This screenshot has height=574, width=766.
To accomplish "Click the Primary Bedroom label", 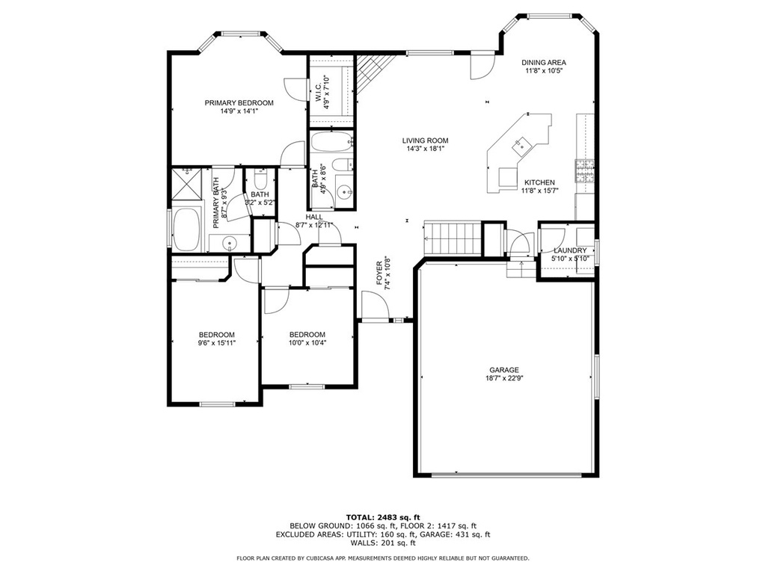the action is [x=239, y=103].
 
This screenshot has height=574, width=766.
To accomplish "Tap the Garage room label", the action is [x=504, y=370].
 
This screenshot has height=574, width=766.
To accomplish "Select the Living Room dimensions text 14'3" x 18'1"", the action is [x=425, y=149].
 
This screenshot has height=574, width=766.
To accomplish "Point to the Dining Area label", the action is [x=544, y=63].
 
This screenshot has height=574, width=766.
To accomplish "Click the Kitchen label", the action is [x=539, y=182].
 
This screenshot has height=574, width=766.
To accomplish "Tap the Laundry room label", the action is [x=570, y=250].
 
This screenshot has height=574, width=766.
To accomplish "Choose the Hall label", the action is [x=314, y=217].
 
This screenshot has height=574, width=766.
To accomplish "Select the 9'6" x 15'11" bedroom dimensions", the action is [x=216, y=342].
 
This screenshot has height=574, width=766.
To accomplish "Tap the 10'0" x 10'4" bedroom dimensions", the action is [x=307, y=342].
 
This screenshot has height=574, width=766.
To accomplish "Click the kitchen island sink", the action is [x=519, y=144].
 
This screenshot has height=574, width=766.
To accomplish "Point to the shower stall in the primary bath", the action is [x=186, y=184].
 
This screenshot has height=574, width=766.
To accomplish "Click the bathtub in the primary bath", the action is [x=186, y=229].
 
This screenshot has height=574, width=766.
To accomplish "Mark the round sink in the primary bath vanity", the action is [x=229, y=242].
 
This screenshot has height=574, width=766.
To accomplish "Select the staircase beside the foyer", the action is [x=453, y=238].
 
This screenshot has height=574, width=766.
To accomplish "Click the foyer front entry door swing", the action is [x=375, y=305].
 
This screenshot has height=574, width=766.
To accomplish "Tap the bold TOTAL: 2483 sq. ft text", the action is [x=383, y=517].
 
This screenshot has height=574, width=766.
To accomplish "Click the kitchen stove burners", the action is [x=585, y=171].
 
